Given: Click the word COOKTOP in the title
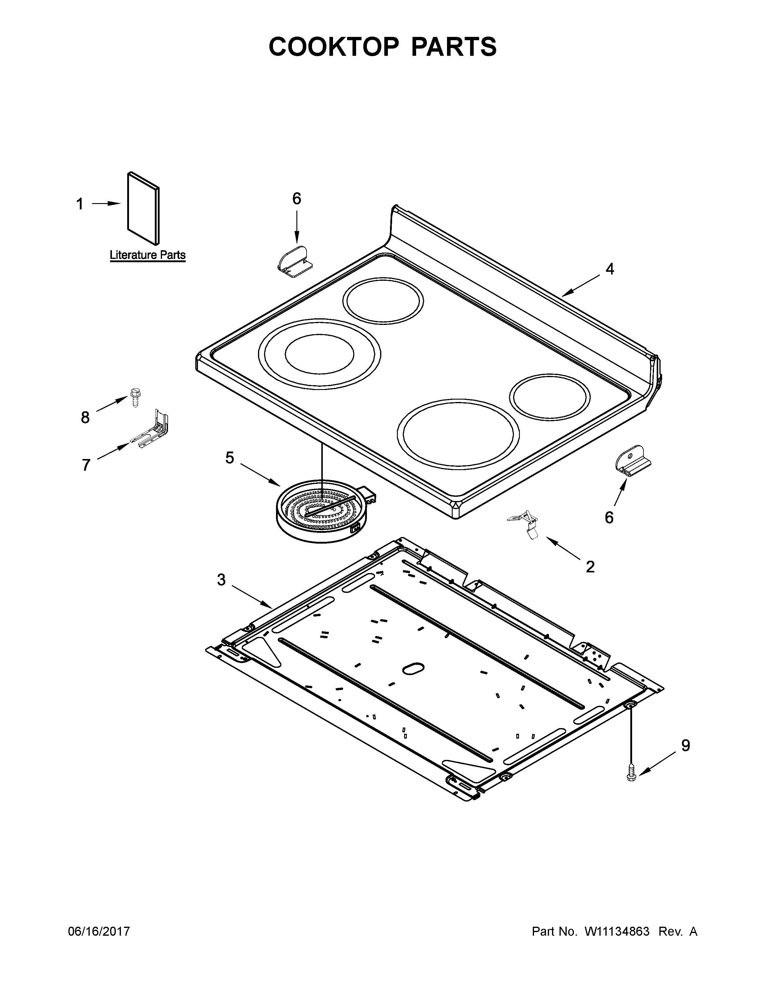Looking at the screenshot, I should [x=334, y=47].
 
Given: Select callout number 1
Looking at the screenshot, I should [x=80, y=204].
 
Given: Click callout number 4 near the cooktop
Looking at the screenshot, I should [x=610, y=269].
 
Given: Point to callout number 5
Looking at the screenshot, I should [x=230, y=458].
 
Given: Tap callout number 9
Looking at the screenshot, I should [x=686, y=746].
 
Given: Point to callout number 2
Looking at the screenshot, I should [x=590, y=567].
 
